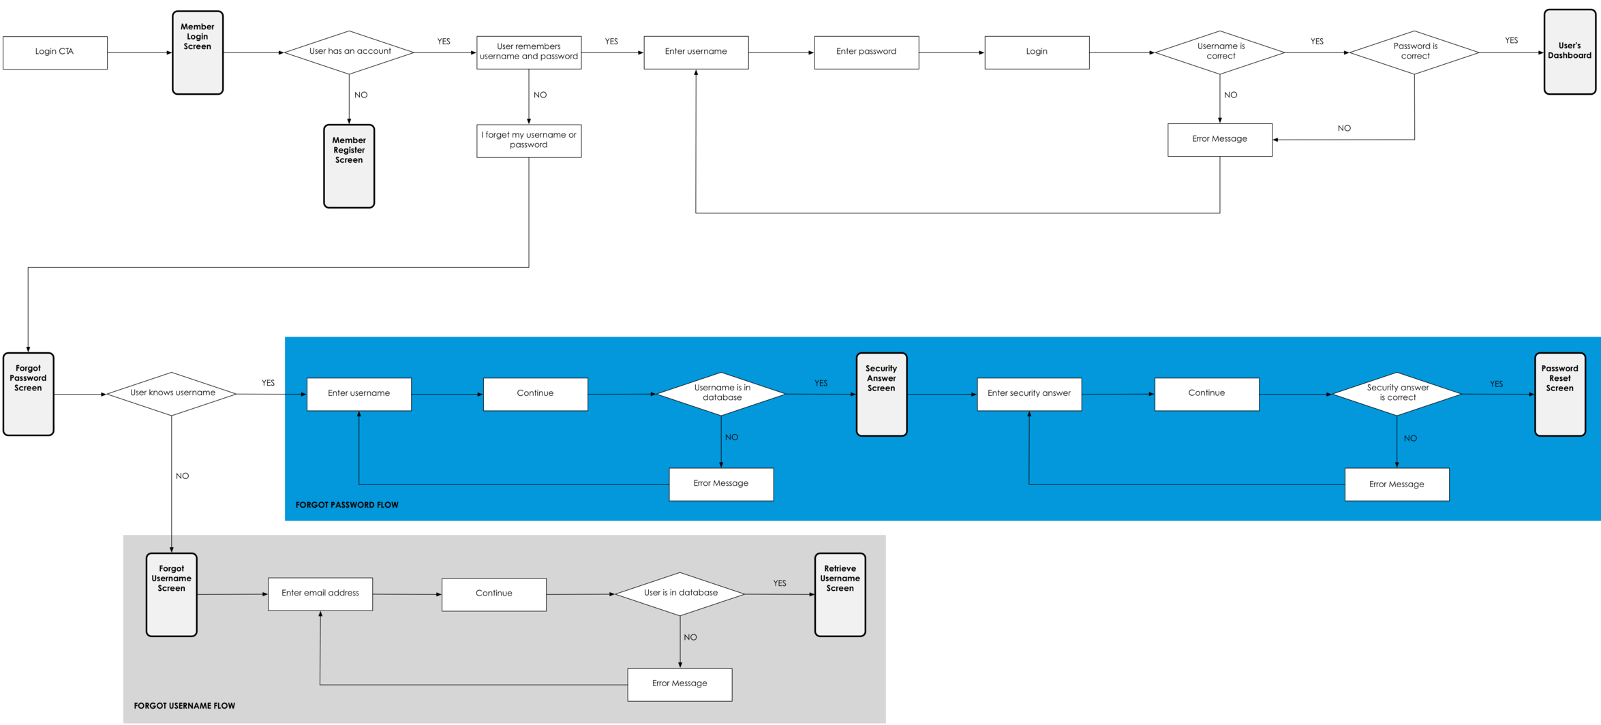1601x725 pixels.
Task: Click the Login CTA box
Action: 55,52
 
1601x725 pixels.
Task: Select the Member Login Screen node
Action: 198,52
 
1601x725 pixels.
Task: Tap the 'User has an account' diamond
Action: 349,52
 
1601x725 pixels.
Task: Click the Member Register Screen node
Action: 349,166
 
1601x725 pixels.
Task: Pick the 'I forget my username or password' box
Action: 529,140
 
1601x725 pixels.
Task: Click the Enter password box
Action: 866,52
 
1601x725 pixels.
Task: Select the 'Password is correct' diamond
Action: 1414,52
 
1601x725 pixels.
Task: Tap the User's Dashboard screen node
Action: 1570,52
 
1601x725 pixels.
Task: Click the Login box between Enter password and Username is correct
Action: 1037,52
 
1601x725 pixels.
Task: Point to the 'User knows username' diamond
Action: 172,394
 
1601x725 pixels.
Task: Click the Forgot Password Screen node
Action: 29,394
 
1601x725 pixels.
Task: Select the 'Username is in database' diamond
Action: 721,394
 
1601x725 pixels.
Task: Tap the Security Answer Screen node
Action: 881,394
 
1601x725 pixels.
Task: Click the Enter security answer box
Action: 1029,394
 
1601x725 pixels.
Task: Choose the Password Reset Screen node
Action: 1560,394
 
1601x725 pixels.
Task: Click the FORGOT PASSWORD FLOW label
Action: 347,505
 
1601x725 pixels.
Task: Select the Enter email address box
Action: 320,594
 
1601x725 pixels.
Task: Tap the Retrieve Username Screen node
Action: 840,594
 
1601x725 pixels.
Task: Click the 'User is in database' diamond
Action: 680,594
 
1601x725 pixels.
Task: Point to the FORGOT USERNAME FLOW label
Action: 185,706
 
